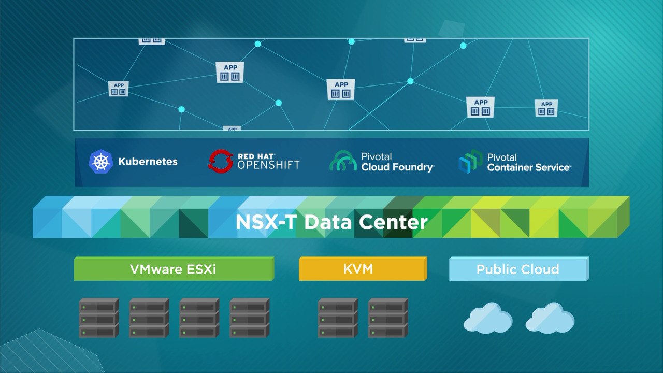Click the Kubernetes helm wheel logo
(100, 161)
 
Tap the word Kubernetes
(148, 162)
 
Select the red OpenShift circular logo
(220, 161)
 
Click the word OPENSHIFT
(268, 165)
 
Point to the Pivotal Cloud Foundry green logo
(343, 162)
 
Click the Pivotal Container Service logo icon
(470, 162)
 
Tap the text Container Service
(529, 167)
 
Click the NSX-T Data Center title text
(331, 222)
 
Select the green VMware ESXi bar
(173, 269)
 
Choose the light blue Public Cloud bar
(517, 269)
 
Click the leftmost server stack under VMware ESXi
(98, 318)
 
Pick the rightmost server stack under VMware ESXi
(249, 318)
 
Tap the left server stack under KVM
(337, 318)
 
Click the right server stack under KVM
(387, 318)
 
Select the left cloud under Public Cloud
(487, 318)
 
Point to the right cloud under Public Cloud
(550, 318)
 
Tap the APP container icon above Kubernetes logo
(119, 89)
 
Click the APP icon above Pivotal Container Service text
(480, 107)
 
